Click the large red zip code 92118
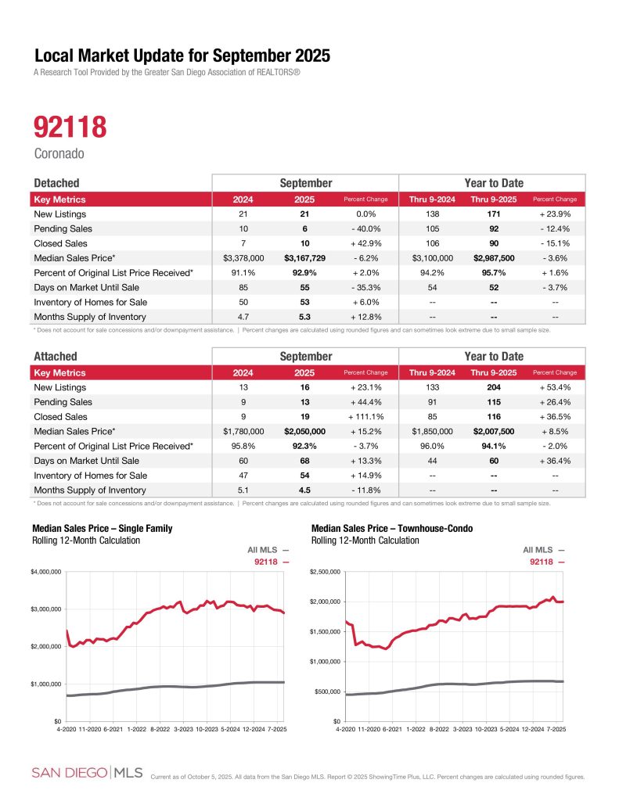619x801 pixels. (70, 128)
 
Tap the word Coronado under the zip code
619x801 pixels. (58, 153)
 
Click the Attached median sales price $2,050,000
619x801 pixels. (305, 432)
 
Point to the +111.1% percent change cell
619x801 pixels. (365, 417)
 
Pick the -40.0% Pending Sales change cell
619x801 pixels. (365, 228)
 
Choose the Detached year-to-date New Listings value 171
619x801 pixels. (488, 214)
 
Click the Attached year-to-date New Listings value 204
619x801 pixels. (488, 387)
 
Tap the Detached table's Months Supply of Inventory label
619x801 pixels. (91, 317)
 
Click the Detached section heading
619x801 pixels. (56, 182)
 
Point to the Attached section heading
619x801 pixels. (56, 357)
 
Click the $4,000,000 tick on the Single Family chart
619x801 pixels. (45, 572)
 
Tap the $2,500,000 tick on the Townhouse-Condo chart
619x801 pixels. (326, 572)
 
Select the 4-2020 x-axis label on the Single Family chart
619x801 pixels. (67, 729)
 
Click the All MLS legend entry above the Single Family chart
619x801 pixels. (268, 551)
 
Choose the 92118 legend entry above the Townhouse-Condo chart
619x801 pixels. (547, 562)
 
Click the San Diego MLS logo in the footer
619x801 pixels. (87, 773)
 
